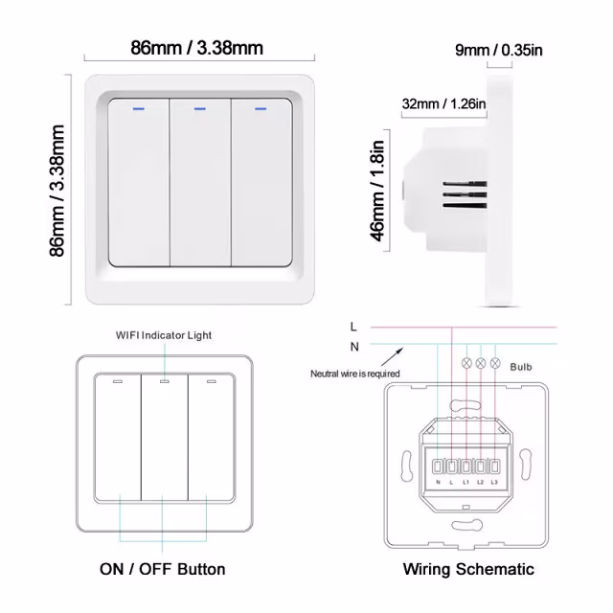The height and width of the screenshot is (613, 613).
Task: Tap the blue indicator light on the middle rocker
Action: coord(199,108)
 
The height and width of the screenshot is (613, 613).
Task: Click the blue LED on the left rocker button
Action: coord(139,108)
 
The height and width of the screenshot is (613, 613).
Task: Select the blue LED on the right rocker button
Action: coord(260,108)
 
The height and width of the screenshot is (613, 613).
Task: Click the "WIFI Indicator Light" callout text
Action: coord(164,335)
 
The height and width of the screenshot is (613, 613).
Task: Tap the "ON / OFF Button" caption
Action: coord(163,569)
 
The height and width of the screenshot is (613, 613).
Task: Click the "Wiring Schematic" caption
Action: coord(468,569)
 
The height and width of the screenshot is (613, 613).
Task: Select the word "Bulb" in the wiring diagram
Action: coord(521,366)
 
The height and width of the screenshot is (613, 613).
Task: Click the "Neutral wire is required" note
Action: coord(355,374)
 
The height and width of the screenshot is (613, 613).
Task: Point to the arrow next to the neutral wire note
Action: coord(390,356)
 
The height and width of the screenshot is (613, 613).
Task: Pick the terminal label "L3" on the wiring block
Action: coord(494,482)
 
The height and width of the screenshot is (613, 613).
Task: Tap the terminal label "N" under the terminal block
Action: coord(438,482)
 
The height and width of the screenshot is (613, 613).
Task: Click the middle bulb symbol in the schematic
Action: coord(481,364)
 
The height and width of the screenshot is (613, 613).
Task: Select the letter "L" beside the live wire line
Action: coord(355,327)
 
